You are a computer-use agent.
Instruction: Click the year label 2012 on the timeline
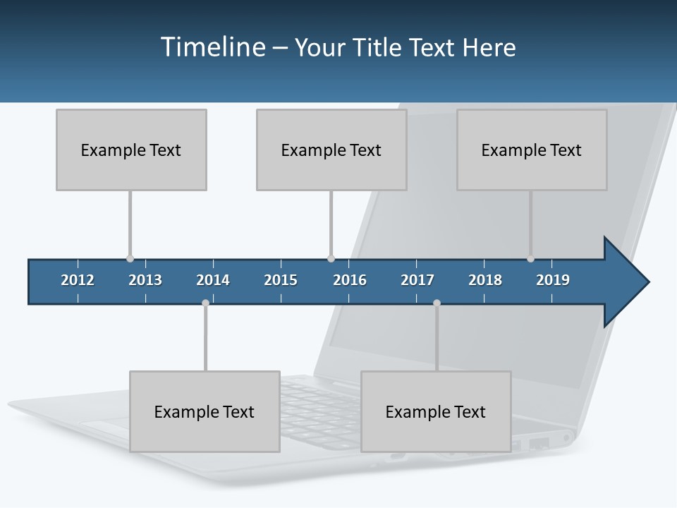[x=78, y=280]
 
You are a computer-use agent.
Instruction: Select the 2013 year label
[x=145, y=280]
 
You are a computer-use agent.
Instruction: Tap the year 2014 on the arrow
[x=213, y=280]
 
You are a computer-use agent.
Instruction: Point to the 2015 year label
[x=281, y=280]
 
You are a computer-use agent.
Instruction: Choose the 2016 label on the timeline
[x=350, y=280]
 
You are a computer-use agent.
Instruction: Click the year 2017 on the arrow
[x=417, y=280]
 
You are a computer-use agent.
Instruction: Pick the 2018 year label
[x=485, y=280]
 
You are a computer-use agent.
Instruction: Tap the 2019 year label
[x=553, y=280]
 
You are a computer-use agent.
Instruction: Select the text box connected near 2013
[x=131, y=150]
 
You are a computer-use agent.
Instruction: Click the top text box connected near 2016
[x=331, y=150]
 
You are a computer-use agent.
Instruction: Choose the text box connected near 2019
[x=532, y=150]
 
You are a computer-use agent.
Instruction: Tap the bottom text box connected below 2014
[x=205, y=411]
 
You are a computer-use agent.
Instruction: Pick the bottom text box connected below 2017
[x=436, y=411]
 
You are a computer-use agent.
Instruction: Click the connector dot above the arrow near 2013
[x=130, y=258]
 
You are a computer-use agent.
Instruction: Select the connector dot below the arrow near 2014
[x=205, y=303]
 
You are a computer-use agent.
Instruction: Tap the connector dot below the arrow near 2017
[x=437, y=303]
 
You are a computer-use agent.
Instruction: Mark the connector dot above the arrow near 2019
[x=530, y=258]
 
